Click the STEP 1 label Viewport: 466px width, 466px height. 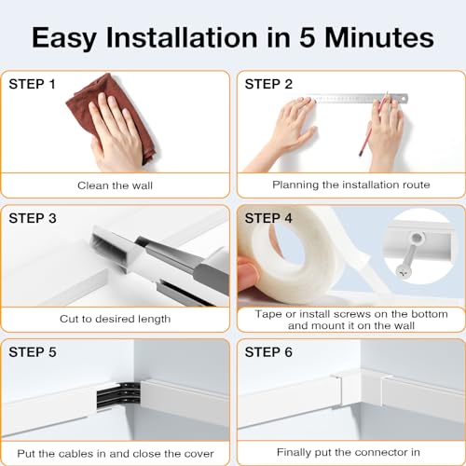tap(33, 84)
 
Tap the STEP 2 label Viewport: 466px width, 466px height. tap(268, 84)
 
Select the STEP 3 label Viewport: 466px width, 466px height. tap(33, 218)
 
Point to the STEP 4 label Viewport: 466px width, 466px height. tap(268, 218)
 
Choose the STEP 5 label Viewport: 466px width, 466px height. tap(33, 352)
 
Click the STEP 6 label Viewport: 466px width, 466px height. tap(268, 352)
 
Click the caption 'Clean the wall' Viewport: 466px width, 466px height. tap(116, 185)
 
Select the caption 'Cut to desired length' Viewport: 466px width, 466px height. tap(116, 319)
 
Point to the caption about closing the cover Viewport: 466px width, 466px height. tap(116, 453)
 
